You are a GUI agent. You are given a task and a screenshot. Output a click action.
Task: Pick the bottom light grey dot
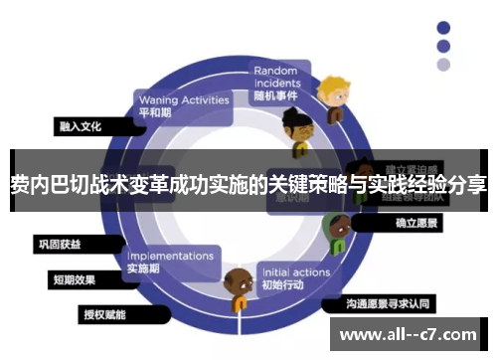pos(443,65)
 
